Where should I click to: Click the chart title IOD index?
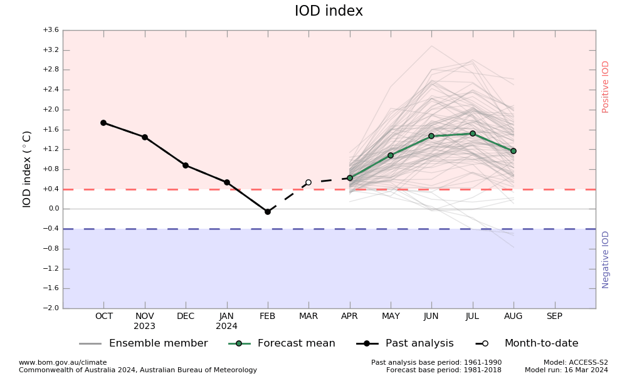point(329,11)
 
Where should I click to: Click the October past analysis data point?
point(103,123)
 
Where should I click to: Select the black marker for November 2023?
point(145,137)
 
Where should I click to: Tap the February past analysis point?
point(268,212)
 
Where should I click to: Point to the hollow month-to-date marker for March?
point(308,182)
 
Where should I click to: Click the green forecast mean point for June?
point(431,136)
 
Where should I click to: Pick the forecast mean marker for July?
point(473,133)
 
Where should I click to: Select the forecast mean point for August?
point(514,151)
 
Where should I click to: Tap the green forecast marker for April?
point(350,178)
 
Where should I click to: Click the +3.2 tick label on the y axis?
point(51,50)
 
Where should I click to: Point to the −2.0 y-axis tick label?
point(51,308)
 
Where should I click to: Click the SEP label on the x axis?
point(554,316)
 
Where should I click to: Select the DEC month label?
point(186,316)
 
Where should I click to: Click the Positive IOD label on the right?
point(606,86)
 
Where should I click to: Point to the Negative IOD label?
point(606,259)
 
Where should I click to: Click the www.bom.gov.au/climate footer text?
point(63,362)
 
